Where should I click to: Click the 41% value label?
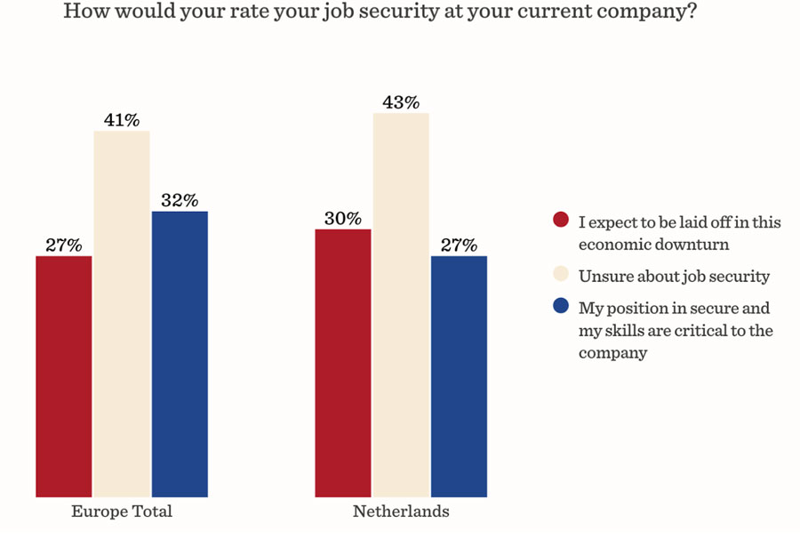[122, 120]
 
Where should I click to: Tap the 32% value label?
[180, 200]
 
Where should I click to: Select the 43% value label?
[401, 102]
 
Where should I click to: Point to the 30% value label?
[343, 218]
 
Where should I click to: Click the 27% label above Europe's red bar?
[64, 245]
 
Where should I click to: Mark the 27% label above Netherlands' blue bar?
[459, 245]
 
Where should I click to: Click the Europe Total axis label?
[122, 511]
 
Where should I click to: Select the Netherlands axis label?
[401, 511]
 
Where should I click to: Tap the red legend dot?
[561, 220]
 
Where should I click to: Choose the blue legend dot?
[561, 306]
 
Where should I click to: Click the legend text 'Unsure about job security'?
[674, 277]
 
